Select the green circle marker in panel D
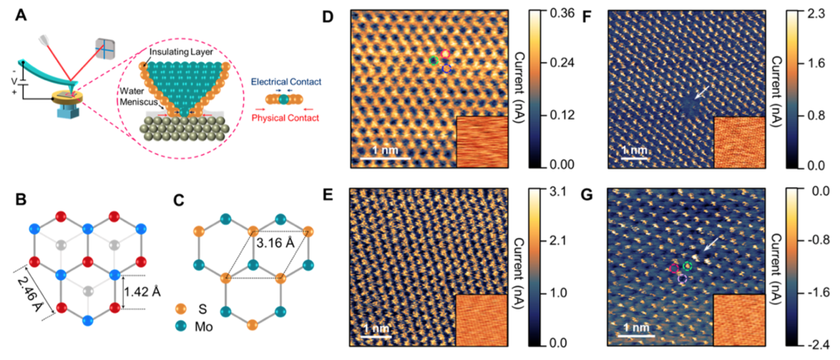pos(434,60)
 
